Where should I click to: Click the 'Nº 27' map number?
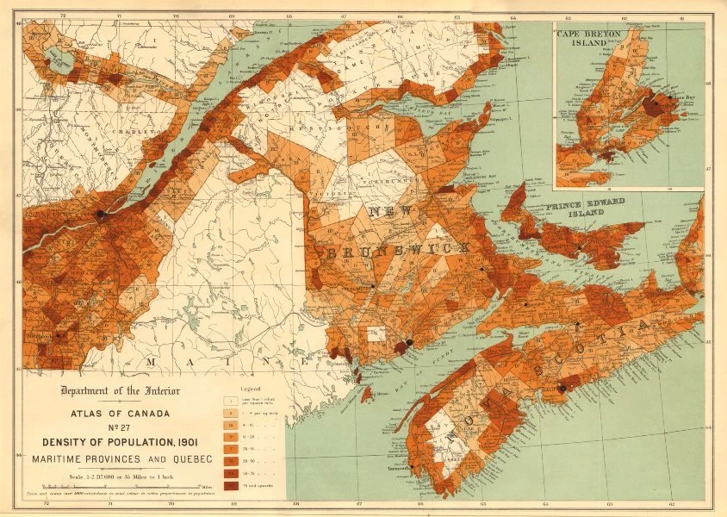click(120, 428)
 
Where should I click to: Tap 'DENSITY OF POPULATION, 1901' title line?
click(120, 442)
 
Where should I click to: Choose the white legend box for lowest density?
click(230, 401)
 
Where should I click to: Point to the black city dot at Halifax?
click(562, 388)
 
